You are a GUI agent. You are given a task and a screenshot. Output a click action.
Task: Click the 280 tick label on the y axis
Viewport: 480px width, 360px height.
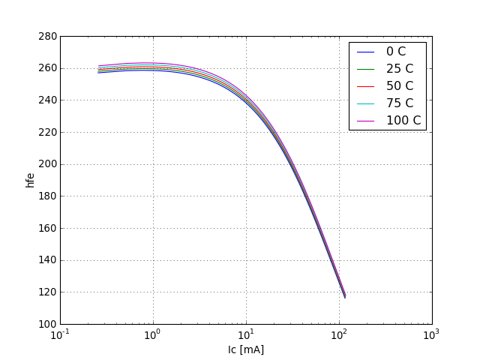pyautogui.click(x=47, y=36)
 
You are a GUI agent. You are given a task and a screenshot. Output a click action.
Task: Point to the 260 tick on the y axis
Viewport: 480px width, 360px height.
pyautogui.click(x=47, y=68)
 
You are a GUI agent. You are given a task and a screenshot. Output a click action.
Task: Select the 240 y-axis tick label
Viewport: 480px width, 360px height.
pyautogui.click(x=47, y=100)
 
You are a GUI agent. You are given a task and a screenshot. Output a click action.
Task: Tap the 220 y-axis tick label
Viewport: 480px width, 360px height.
pyautogui.click(x=47, y=132)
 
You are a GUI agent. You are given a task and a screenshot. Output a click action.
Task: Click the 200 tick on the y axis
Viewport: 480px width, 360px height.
pyautogui.click(x=47, y=164)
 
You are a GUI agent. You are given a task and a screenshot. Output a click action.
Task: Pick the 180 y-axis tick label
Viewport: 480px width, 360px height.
pyautogui.click(x=47, y=196)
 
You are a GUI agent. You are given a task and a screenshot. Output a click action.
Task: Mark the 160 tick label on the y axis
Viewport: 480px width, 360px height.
pyautogui.click(x=47, y=228)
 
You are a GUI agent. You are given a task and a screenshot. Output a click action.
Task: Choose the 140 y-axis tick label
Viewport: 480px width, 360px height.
pyautogui.click(x=47, y=260)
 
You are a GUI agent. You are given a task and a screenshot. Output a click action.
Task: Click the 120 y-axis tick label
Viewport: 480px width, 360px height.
pyautogui.click(x=47, y=292)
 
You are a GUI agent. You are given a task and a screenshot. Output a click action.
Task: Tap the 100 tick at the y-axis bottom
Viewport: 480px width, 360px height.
pyautogui.click(x=47, y=324)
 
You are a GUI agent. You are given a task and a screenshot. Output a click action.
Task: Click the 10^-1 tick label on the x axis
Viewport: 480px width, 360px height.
pyautogui.click(x=60, y=335)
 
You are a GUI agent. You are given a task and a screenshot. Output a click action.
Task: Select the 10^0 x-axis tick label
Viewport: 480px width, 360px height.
pyautogui.click(x=153, y=335)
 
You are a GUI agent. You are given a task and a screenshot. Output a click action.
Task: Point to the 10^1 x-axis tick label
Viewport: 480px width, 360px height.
pyautogui.click(x=246, y=335)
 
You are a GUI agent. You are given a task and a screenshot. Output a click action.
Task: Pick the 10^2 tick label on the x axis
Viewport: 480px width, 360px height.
pyautogui.click(x=339, y=335)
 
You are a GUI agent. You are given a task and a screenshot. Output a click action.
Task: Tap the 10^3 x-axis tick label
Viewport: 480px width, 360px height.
pyautogui.click(x=432, y=335)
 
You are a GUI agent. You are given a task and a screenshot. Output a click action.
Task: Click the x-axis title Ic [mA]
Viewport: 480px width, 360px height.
pyautogui.click(x=246, y=349)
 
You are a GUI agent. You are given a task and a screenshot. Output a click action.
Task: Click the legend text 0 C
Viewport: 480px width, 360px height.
pyautogui.click(x=396, y=52)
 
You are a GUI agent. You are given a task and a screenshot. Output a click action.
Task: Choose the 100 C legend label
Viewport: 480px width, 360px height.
pyautogui.click(x=403, y=121)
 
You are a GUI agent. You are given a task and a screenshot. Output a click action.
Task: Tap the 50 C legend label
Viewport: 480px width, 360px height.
pyautogui.click(x=400, y=86)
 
